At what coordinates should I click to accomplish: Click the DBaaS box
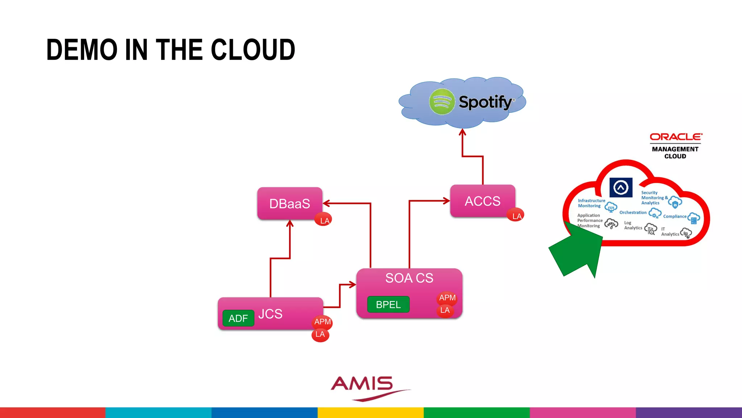tap(289, 203)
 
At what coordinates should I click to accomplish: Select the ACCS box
tap(482, 201)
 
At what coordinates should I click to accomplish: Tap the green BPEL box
tap(388, 304)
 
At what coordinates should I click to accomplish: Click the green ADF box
tap(238, 318)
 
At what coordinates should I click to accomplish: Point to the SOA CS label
tap(409, 278)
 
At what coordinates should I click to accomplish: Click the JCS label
tap(270, 314)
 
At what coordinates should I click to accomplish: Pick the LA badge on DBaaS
tap(324, 220)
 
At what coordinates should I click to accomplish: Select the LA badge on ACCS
tap(516, 216)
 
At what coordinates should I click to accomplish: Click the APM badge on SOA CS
tap(447, 298)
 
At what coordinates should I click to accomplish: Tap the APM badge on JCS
tap(322, 321)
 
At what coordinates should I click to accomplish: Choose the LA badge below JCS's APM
tap(320, 334)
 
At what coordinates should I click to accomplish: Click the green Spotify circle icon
tap(442, 102)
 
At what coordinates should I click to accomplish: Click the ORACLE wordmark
tap(676, 137)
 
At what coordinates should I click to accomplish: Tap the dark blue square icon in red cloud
tap(621, 187)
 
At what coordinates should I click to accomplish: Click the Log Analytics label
tap(633, 225)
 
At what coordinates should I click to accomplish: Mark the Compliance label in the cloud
tap(675, 216)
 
